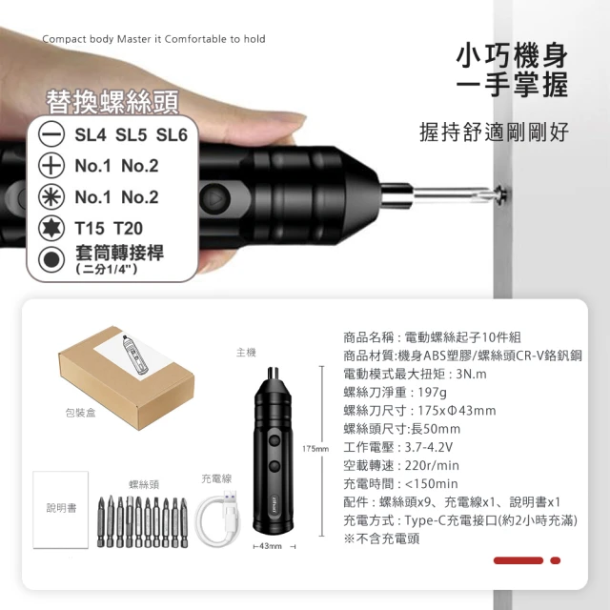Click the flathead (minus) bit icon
pos(51,133)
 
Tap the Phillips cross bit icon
pos(51,165)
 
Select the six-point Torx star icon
pos(51,228)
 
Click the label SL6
pos(172,135)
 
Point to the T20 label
pos(128,229)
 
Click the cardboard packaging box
pos(127,377)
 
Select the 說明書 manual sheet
pos(61,510)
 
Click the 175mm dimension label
pos(315,449)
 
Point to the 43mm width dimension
pos(271,546)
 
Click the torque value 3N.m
pos(471,374)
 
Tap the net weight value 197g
pos(432,392)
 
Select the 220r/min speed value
pos(432,465)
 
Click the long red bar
pos(518,560)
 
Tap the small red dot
pos(555,560)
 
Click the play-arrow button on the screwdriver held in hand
pos(216,198)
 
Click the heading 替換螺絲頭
pos(112,102)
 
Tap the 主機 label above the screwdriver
pos(246,353)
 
